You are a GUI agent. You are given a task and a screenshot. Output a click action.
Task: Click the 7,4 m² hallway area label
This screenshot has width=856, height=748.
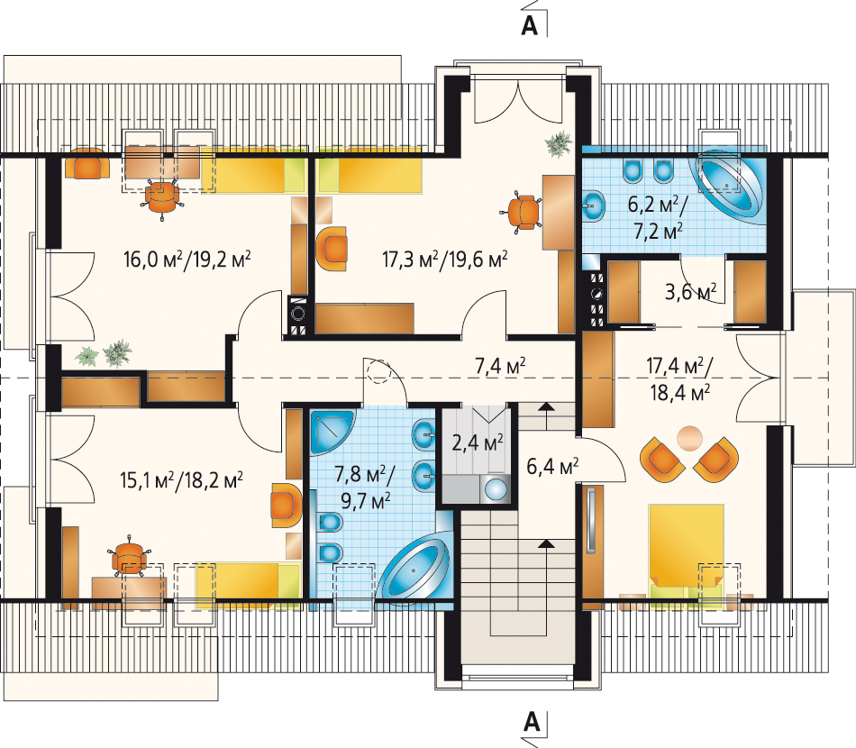500,366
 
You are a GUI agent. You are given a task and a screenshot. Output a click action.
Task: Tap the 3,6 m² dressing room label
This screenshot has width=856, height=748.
690,292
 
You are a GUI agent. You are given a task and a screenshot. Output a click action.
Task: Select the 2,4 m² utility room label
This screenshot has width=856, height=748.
478,442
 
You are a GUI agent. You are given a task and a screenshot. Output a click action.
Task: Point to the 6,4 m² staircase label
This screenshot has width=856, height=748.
552,466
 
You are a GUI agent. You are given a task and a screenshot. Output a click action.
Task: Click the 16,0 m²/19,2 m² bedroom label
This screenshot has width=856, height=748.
187,259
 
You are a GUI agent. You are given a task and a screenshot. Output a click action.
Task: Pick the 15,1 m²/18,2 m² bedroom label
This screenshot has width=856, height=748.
181,480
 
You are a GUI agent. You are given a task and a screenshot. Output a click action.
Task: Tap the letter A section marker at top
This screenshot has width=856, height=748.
529,25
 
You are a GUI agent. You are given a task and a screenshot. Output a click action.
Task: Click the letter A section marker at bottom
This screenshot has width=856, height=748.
532,722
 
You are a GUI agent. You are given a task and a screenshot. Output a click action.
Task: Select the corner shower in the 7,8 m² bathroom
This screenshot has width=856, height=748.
332,432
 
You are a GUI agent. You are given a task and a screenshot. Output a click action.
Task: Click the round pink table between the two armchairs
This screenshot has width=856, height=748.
690,438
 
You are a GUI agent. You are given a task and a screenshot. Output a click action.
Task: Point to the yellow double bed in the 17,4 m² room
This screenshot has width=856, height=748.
686,551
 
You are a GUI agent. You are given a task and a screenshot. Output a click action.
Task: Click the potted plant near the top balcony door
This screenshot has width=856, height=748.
559,143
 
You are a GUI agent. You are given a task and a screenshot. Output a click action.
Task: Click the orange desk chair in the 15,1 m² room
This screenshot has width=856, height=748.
129,558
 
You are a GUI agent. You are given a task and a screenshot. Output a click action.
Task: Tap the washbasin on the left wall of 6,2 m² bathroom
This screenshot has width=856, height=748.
594,205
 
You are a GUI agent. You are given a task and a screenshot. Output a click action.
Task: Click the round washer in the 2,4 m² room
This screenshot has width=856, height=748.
496,488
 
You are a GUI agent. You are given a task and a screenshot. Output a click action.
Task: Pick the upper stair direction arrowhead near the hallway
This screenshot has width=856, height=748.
546,406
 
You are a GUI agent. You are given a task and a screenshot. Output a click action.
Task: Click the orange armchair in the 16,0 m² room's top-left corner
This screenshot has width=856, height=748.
84,163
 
